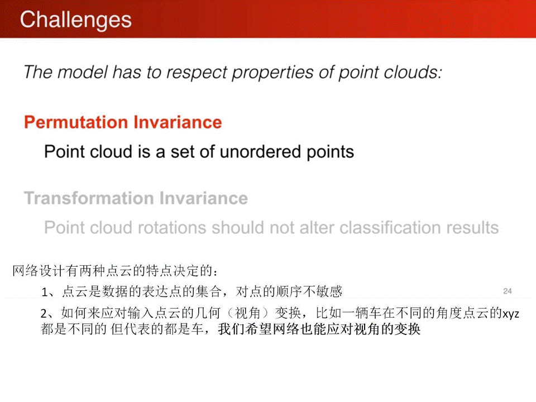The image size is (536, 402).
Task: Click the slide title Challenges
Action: point(75,20)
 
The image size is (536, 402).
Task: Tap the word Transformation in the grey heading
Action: point(89,198)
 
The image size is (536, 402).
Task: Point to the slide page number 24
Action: point(508,291)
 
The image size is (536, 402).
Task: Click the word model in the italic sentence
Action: point(82,73)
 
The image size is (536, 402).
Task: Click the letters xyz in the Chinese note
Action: point(511,313)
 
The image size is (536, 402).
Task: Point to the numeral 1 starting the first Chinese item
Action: point(45,292)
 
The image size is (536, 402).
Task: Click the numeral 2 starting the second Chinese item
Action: point(44,313)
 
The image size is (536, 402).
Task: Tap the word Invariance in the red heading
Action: point(178,122)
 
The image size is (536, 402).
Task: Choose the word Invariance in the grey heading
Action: point(204,198)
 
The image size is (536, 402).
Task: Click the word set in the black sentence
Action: point(183,152)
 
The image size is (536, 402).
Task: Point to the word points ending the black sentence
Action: point(330,152)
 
